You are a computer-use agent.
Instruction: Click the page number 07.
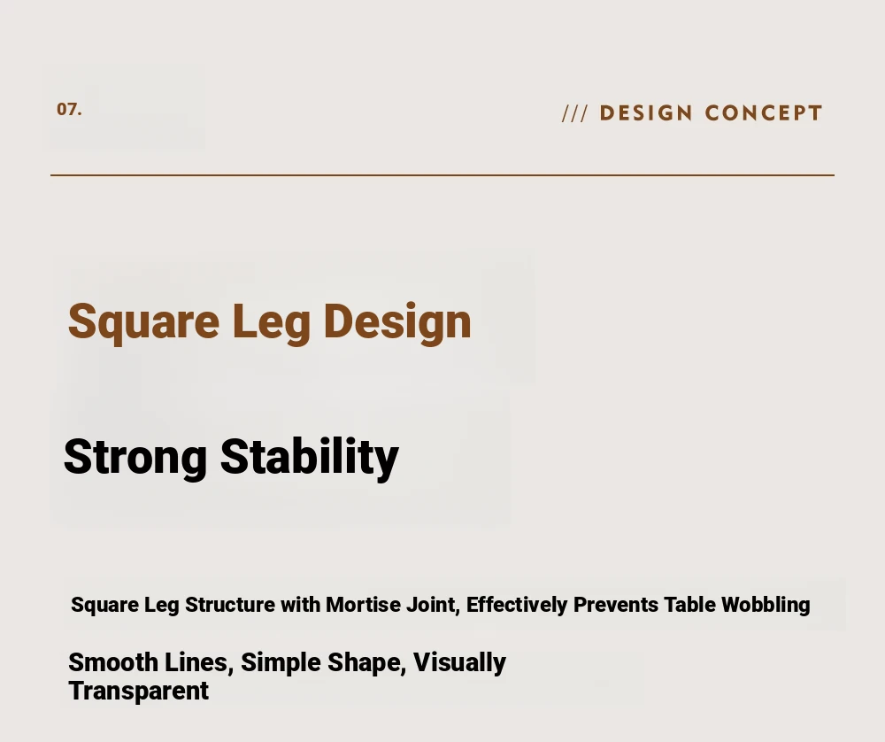tap(69, 110)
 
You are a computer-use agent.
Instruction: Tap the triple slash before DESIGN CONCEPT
tap(575, 113)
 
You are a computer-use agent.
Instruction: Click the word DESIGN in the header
tap(646, 113)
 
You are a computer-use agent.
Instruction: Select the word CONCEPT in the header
tap(763, 113)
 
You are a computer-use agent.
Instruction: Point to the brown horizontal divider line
tap(442, 175)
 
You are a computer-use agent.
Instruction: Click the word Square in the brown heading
tap(144, 322)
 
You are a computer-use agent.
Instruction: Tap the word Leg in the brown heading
tap(272, 322)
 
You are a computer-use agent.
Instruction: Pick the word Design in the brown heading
tap(397, 322)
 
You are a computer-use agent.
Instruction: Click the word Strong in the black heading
tap(135, 458)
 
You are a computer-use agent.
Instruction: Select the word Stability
tap(309, 458)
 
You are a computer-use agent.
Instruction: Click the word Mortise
tap(361, 605)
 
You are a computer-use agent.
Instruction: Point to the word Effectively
tap(517, 606)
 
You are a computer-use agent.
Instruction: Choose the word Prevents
tap(616, 605)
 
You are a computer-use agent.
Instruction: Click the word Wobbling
tap(766, 606)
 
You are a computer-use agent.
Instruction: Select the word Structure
tap(230, 605)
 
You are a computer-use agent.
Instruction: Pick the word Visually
tap(459, 663)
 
